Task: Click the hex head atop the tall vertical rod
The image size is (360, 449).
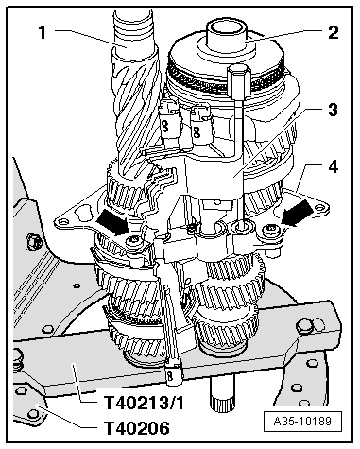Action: (239, 76)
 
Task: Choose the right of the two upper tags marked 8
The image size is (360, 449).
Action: (200, 121)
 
